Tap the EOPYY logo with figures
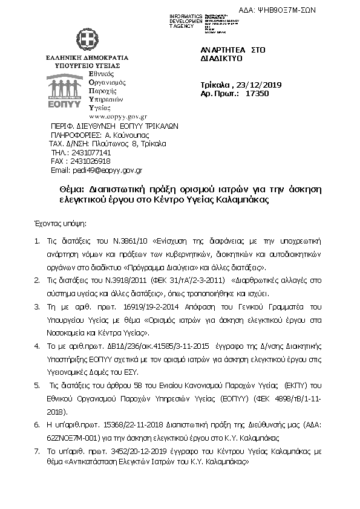click(x=66, y=91)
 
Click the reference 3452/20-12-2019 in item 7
click(x=137, y=450)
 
